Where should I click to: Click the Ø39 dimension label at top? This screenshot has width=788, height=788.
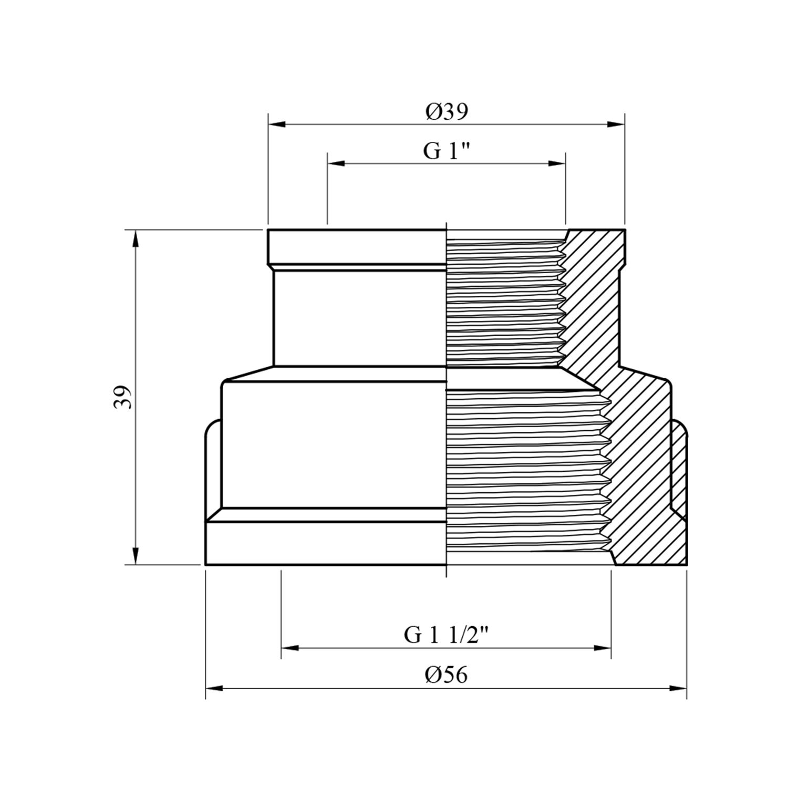click(447, 112)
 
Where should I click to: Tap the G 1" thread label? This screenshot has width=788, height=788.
click(446, 151)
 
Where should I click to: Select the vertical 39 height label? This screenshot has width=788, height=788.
click(122, 397)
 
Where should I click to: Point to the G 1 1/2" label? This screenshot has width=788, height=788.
click(447, 635)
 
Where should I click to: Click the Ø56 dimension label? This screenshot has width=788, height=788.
click(446, 675)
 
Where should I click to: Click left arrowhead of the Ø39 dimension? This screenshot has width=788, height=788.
click(277, 125)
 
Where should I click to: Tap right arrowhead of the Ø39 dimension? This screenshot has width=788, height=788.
click(616, 125)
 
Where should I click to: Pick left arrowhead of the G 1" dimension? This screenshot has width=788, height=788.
click(336, 164)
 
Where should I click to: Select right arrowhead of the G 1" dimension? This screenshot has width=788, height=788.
click(557, 164)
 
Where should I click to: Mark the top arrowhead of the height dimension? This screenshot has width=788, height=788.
click(136, 239)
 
